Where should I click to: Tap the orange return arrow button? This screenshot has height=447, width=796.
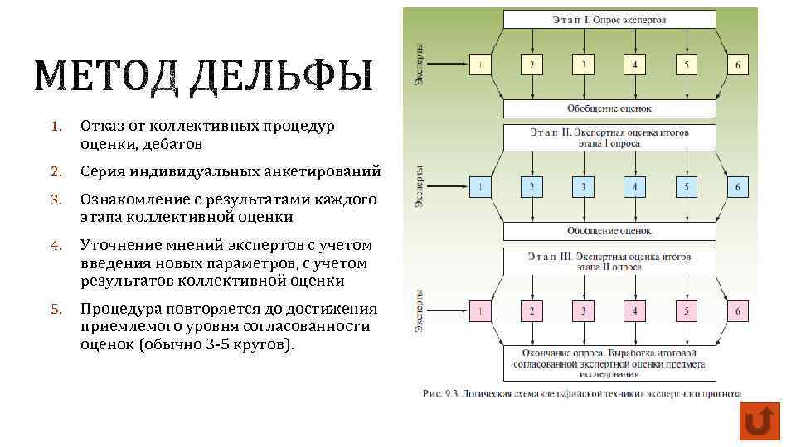click(758, 421)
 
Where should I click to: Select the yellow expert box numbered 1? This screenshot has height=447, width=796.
click(480, 64)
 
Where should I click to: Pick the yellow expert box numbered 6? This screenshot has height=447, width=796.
click(737, 64)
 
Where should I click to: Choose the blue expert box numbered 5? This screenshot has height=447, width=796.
click(686, 187)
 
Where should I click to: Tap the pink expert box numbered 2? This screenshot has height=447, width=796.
click(531, 311)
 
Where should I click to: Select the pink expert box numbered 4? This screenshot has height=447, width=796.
click(634, 311)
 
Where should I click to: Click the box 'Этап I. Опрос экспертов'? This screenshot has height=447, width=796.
click(609, 19)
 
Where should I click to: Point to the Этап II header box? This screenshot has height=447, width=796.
click(609, 137)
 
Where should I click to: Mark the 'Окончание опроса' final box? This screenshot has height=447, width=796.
click(609, 363)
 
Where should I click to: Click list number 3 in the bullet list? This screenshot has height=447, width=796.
click(56, 201)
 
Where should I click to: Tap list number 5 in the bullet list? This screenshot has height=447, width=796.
click(56, 310)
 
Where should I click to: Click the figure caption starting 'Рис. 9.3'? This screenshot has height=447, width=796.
click(581, 394)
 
